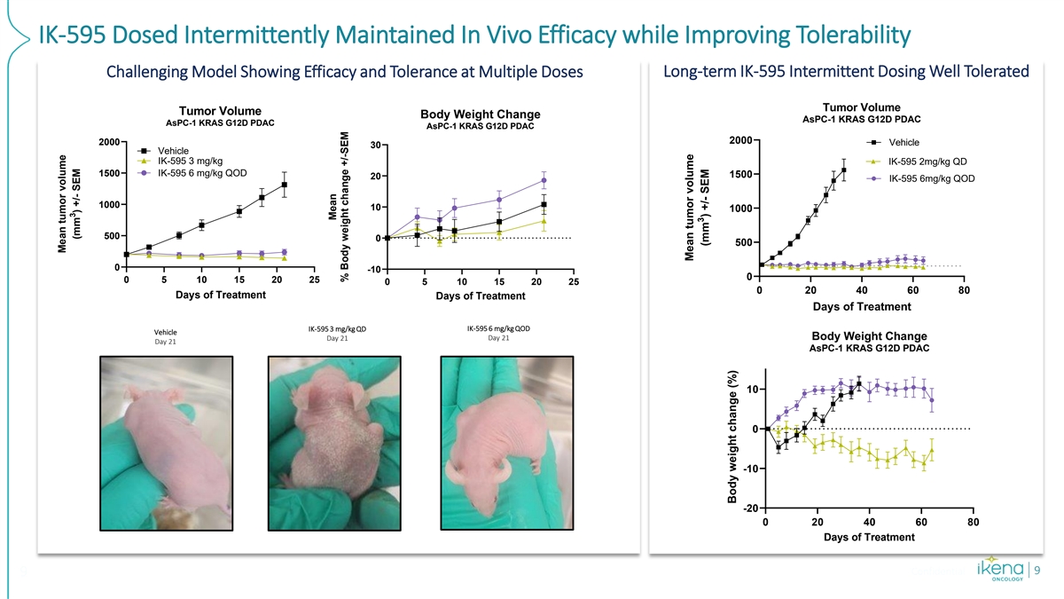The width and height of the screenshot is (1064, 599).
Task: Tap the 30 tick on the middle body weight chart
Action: pos(376,146)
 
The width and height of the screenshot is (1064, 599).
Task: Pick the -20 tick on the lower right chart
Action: pos(749,508)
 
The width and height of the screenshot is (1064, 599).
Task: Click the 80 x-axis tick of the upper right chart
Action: pos(965,291)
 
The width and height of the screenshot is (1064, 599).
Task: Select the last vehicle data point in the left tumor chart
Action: pos(285,185)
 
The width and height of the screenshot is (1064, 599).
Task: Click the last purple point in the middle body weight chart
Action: pos(544,180)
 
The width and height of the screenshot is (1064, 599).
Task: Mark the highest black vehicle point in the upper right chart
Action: pos(844,169)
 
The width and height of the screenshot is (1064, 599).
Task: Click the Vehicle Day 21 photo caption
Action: pos(166,338)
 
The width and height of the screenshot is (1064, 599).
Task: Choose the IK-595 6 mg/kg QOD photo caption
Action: pos(498,333)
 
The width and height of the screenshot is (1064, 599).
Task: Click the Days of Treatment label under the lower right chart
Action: pos(869,537)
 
